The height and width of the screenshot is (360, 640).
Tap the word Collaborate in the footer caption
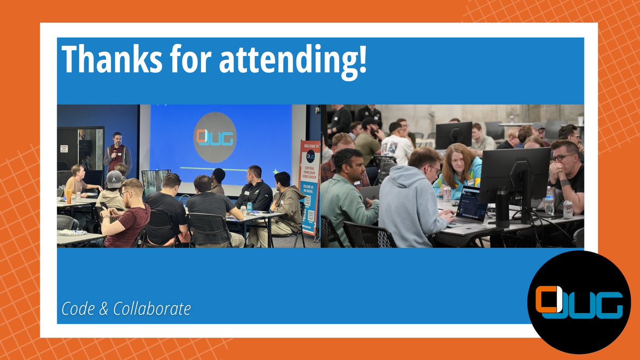(x=152, y=309)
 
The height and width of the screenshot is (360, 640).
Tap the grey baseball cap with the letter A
(x=114, y=179)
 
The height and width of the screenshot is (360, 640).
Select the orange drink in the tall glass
(x=69, y=196)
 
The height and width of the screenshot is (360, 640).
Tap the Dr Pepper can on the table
(x=568, y=209)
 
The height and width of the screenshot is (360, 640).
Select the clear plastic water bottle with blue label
(x=549, y=202)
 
